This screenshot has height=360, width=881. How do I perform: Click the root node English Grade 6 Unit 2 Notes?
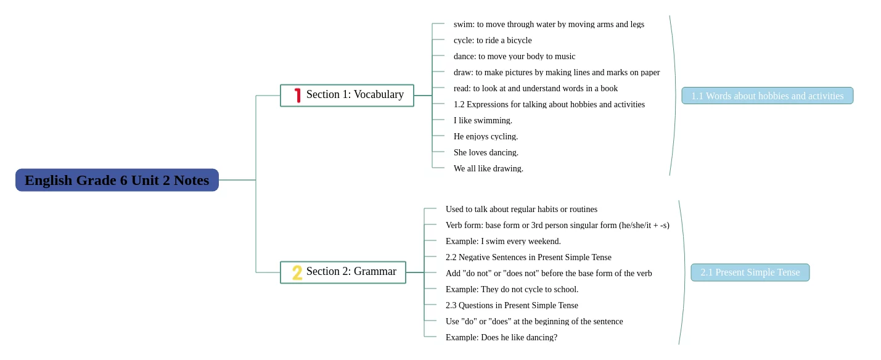pyautogui.click(x=117, y=180)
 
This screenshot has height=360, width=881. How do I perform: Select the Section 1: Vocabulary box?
pyautogui.click(x=347, y=95)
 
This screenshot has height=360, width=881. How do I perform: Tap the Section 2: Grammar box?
pyautogui.click(x=343, y=272)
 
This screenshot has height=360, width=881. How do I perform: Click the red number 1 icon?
pyautogui.click(x=297, y=96)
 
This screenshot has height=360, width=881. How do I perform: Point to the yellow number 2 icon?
pyautogui.click(x=297, y=272)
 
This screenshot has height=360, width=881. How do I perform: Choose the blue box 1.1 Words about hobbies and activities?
pyautogui.click(x=767, y=96)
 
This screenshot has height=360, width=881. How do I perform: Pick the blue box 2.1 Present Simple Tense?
pyautogui.click(x=750, y=272)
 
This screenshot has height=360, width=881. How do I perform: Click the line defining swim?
pyautogui.click(x=549, y=24)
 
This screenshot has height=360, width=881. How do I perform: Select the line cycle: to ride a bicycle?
pyautogui.click(x=493, y=40)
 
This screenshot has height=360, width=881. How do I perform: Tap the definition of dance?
pyautogui.click(x=514, y=56)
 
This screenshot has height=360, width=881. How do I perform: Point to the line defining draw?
pyautogui.click(x=557, y=72)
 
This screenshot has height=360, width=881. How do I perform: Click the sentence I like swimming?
pyautogui.click(x=483, y=120)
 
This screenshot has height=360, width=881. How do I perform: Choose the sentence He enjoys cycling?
pyautogui.click(x=486, y=136)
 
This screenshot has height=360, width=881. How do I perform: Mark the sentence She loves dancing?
pyautogui.click(x=486, y=152)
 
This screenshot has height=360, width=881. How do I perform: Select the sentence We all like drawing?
pyautogui.click(x=488, y=168)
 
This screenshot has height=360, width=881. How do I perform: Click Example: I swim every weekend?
pyautogui.click(x=503, y=241)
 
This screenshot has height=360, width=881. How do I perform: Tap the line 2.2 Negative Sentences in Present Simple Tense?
pyautogui.click(x=528, y=257)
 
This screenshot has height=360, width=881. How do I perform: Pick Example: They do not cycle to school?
pyautogui.click(x=512, y=289)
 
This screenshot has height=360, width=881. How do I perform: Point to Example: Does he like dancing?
pyautogui.click(x=501, y=337)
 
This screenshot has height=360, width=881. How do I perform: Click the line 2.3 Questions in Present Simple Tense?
pyautogui.click(x=512, y=305)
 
